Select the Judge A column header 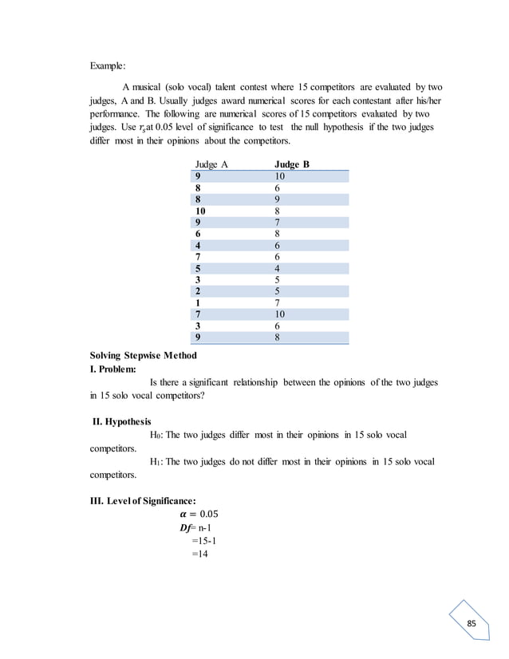click(x=211, y=164)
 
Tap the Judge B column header click(x=291, y=164)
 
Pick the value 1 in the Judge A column click(x=197, y=302)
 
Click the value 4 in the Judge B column click(x=277, y=268)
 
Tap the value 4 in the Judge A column click(x=197, y=246)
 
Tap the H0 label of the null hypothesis click(x=155, y=435)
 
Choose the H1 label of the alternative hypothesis click(x=155, y=462)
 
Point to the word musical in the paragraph click(x=154, y=86)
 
